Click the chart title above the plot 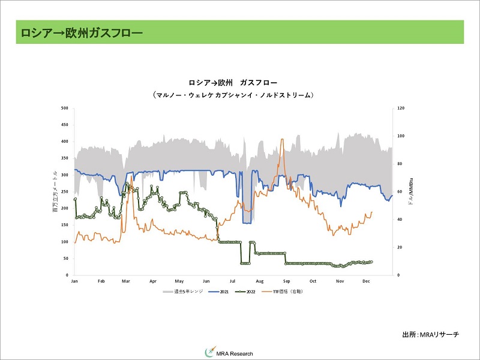coord(233,82)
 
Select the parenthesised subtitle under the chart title coord(233,95)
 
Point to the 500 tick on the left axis coord(65,109)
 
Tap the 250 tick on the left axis coord(65,192)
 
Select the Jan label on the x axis coord(74,281)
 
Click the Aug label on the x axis coord(260,281)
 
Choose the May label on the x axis coord(179,281)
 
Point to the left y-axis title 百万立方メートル coord(55,191)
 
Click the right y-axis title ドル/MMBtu coord(410,191)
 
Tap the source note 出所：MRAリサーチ coord(430,334)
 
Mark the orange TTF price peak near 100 coord(282,140)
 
